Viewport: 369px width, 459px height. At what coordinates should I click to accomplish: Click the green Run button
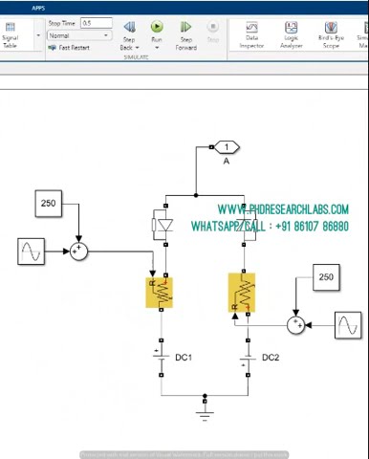[x=157, y=29]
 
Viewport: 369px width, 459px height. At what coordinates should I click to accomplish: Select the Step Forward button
[x=185, y=29]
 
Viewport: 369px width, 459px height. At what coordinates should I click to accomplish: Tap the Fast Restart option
[x=76, y=47]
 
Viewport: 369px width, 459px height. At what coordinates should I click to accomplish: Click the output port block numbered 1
[x=227, y=147]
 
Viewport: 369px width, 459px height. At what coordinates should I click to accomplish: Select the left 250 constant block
[x=48, y=203]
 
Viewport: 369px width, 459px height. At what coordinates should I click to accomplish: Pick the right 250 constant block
[x=326, y=277]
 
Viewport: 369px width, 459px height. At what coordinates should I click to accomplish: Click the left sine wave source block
[x=32, y=251]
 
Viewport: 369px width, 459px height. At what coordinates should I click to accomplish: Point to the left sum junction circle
[x=79, y=251]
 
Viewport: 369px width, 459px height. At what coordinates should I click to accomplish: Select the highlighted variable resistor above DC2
[x=243, y=293]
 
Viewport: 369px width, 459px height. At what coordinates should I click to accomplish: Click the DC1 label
[x=184, y=358]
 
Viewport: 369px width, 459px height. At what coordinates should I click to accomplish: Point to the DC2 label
[x=271, y=358]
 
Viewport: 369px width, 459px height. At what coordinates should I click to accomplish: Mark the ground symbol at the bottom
[x=204, y=411]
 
